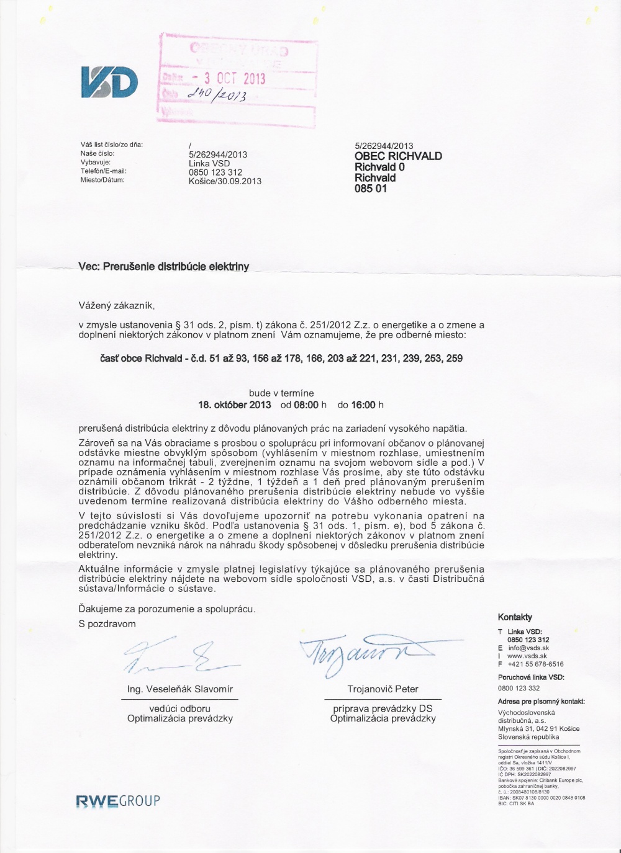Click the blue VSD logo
tap(109, 82)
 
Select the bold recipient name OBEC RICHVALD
tap(398, 156)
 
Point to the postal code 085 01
tap(371, 189)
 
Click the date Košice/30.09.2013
tap(225, 181)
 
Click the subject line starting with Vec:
tap(164, 267)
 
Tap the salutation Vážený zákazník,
tap(116, 305)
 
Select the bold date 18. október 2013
tap(235, 405)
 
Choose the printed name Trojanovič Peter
tap(383, 689)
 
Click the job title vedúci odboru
tap(179, 708)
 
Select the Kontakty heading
tap(515, 617)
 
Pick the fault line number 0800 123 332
tap(519, 688)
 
